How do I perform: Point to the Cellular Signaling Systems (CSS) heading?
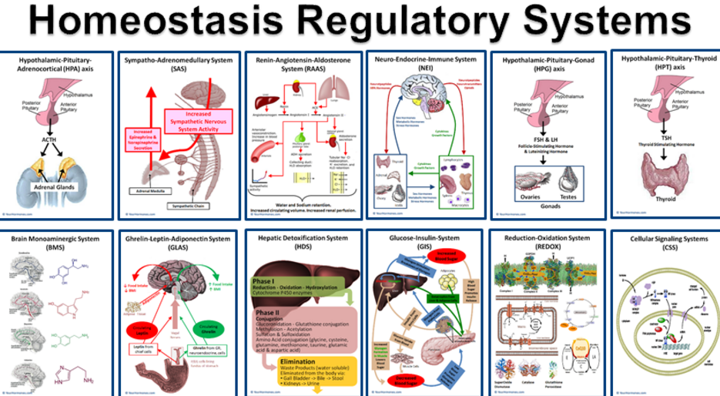664,243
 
